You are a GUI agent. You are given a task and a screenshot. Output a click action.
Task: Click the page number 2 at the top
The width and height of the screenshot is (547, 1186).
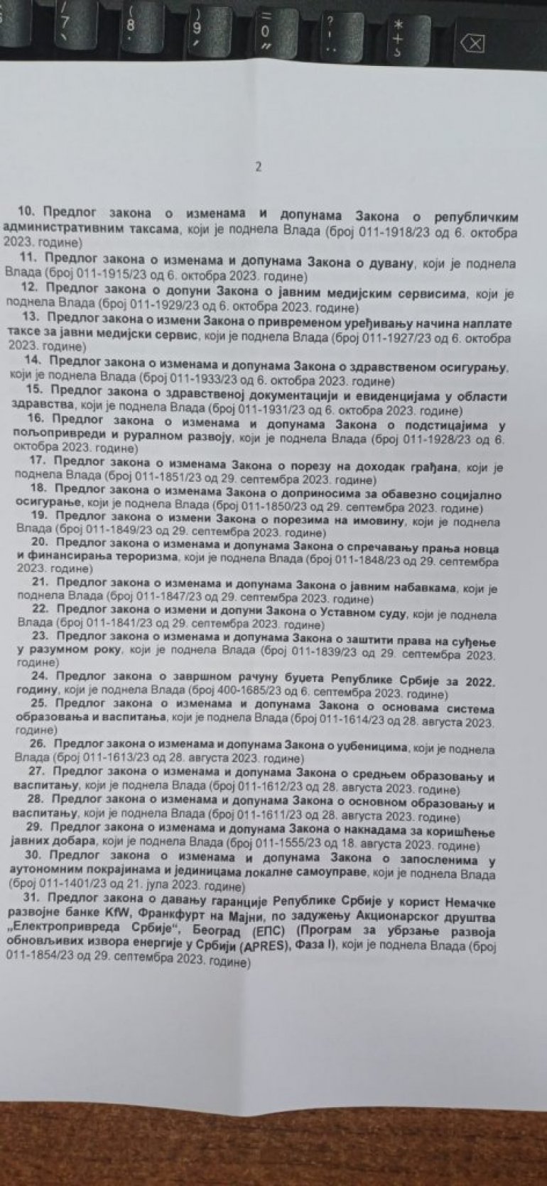(259, 168)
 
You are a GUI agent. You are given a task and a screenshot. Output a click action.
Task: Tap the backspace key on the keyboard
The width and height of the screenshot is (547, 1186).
(472, 43)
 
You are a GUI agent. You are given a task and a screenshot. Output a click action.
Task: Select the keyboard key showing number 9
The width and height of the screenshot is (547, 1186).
(197, 24)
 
